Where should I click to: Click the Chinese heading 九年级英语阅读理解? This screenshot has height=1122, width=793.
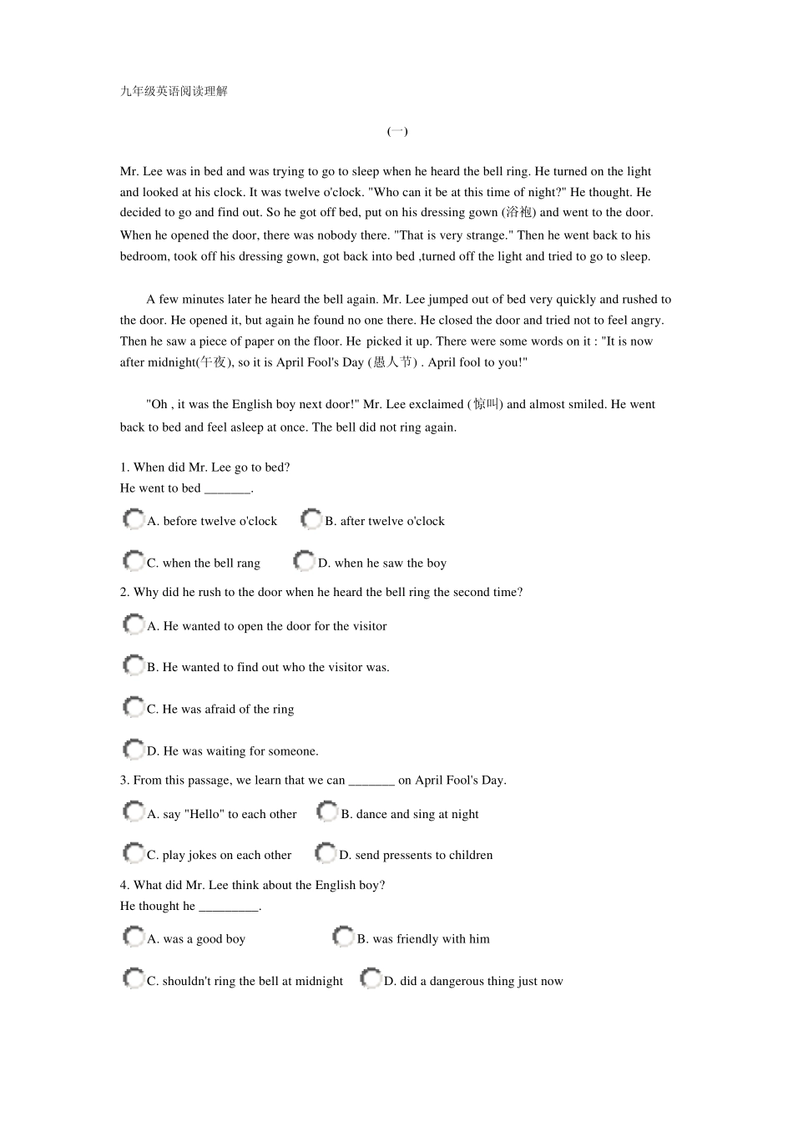coord(174,91)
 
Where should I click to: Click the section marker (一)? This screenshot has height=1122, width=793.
coord(397,131)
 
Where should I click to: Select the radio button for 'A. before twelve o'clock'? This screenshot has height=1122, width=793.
coord(134,519)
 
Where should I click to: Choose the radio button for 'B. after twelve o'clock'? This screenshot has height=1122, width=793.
coord(311,519)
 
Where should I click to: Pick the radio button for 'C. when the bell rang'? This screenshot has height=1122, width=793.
coord(134,561)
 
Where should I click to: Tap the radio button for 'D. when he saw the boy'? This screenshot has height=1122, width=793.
coord(305,561)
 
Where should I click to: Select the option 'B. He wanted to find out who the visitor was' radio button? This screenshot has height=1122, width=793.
coord(134,665)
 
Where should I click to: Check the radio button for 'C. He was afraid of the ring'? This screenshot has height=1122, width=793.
coord(134,707)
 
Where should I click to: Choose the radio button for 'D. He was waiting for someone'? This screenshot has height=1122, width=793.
coord(134,749)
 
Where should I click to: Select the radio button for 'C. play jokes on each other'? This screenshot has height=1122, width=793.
coord(134,853)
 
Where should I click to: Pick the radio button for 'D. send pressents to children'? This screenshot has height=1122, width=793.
coord(326,853)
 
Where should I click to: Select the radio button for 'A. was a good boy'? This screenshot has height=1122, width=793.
coord(134,937)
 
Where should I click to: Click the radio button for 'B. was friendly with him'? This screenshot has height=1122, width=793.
coord(343,937)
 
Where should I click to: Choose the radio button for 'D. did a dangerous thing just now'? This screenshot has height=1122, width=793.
coord(371,978)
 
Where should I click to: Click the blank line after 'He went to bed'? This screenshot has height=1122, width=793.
coord(227,490)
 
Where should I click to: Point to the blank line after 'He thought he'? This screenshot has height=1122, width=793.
coord(229,907)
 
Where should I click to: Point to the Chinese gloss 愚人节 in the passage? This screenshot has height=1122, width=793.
coord(392,362)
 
